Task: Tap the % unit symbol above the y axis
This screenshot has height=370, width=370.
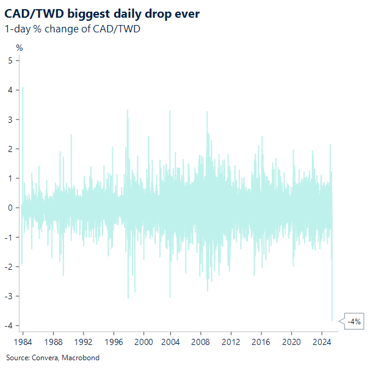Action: coord(20,47)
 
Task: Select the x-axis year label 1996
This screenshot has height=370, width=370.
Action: coord(113,342)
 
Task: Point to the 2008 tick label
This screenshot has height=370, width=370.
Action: coord(202,342)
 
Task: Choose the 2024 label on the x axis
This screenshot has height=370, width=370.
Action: coord(322,342)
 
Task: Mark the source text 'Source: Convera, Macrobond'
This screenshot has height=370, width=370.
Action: coord(53,357)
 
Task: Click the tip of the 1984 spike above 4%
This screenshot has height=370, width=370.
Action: coord(23,88)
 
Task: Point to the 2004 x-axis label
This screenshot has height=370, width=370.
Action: coord(173,342)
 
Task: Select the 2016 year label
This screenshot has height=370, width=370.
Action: coord(262,342)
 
